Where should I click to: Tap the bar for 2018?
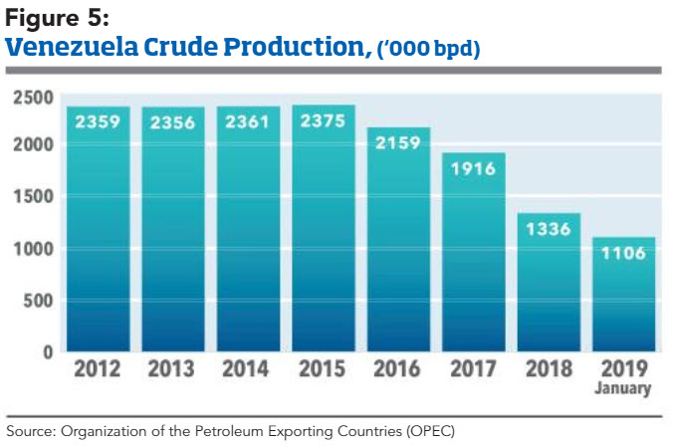(x=549, y=289)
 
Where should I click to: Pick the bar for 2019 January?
(x=624, y=299)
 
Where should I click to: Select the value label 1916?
(x=474, y=169)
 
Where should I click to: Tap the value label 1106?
(x=624, y=253)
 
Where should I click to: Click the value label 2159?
(x=399, y=143)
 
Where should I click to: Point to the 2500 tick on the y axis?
(x=33, y=97)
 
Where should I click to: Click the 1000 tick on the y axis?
(x=33, y=249)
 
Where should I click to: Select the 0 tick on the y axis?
(x=47, y=351)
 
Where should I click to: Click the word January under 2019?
(x=624, y=389)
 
